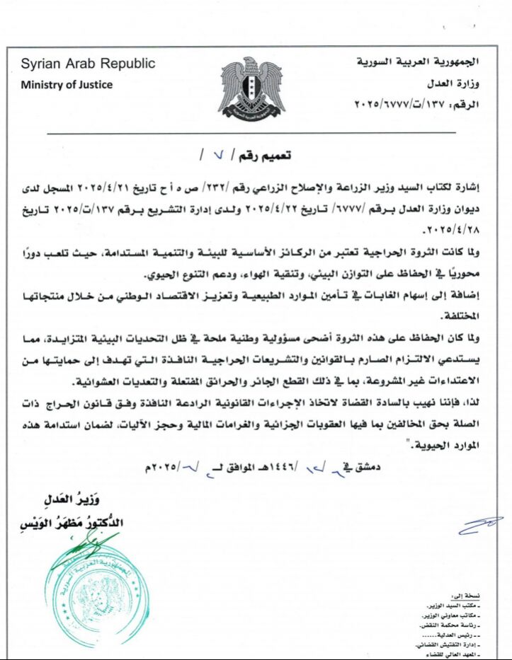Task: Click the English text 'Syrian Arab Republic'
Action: click(88, 64)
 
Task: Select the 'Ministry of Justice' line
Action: click(67, 85)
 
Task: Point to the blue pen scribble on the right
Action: click(480, 524)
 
